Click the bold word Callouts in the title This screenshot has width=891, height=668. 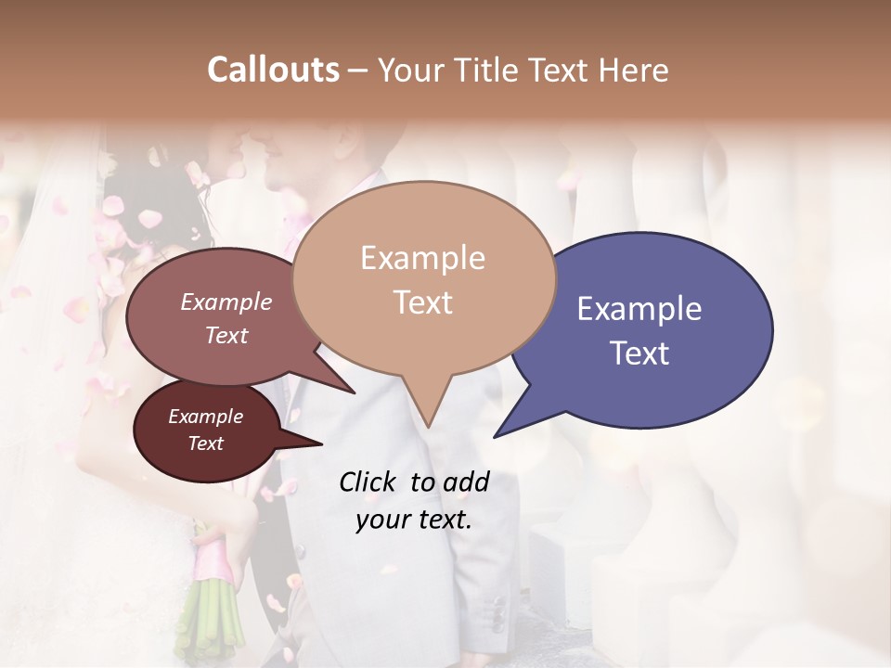coord(273,70)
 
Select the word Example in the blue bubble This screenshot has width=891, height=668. coord(639,309)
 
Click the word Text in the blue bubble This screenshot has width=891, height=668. coord(639,353)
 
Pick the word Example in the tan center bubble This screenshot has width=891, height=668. coord(423,258)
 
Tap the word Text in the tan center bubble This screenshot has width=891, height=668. coord(423,302)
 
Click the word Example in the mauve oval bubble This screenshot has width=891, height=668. coord(226,302)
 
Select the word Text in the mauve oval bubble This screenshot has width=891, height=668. coord(226,335)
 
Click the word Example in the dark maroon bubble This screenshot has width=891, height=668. coord(206,417)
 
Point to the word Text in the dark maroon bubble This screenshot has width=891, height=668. coord(206,443)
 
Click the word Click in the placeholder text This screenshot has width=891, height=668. coord(369,482)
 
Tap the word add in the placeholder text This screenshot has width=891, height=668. coord(466,482)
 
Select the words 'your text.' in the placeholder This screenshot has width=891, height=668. coord(414,520)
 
